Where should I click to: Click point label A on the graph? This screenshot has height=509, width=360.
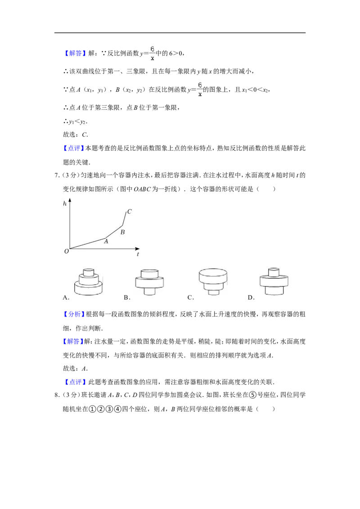106,241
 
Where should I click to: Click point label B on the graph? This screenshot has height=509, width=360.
122,232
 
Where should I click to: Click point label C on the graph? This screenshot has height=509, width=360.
129,211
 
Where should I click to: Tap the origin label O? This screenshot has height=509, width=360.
66,251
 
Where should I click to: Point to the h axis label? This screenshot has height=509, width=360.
65,204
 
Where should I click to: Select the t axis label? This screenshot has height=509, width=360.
138,254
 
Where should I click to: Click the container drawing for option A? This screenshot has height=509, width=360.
88,281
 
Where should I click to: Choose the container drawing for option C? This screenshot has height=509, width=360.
213,281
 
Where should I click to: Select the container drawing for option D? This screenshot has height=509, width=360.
274,281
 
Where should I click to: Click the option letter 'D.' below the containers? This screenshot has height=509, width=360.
251,297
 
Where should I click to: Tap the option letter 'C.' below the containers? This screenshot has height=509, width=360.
191,297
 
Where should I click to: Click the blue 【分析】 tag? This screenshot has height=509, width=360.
74,314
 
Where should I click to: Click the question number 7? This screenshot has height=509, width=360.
57,175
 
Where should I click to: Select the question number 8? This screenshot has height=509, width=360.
57,395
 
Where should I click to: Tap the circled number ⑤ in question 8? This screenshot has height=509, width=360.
253,395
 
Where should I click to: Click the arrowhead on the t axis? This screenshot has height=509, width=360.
137,249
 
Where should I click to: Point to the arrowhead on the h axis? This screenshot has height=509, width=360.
70,201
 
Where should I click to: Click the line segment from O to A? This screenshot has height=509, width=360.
87,244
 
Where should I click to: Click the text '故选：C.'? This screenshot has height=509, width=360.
76,134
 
